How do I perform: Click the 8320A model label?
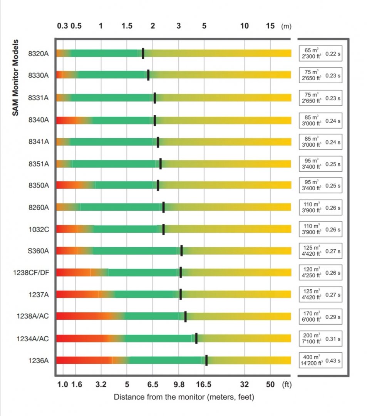pos(39,54)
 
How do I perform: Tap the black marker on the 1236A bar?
pos(206,360)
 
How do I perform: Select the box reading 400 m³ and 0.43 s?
pos(320,361)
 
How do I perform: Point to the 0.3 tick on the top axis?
pos(62,26)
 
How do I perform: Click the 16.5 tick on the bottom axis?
pos(204,384)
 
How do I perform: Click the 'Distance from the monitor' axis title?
pos(184,397)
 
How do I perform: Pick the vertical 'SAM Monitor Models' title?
pos(16,77)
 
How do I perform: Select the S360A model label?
pos(39,251)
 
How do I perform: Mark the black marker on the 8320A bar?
pos(143,53)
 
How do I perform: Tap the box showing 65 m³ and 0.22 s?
pos(320,54)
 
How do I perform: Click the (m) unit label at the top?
pos(287,26)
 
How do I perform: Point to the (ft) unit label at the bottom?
pos(287,384)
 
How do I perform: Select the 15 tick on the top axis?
pos(270,26)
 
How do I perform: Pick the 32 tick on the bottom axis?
pos(244,384)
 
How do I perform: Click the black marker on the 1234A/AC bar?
pos(196,338)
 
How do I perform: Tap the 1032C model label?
pos(39,229)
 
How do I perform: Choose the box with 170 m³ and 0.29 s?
pos(320,317)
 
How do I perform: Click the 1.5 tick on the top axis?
pos(127,26)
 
